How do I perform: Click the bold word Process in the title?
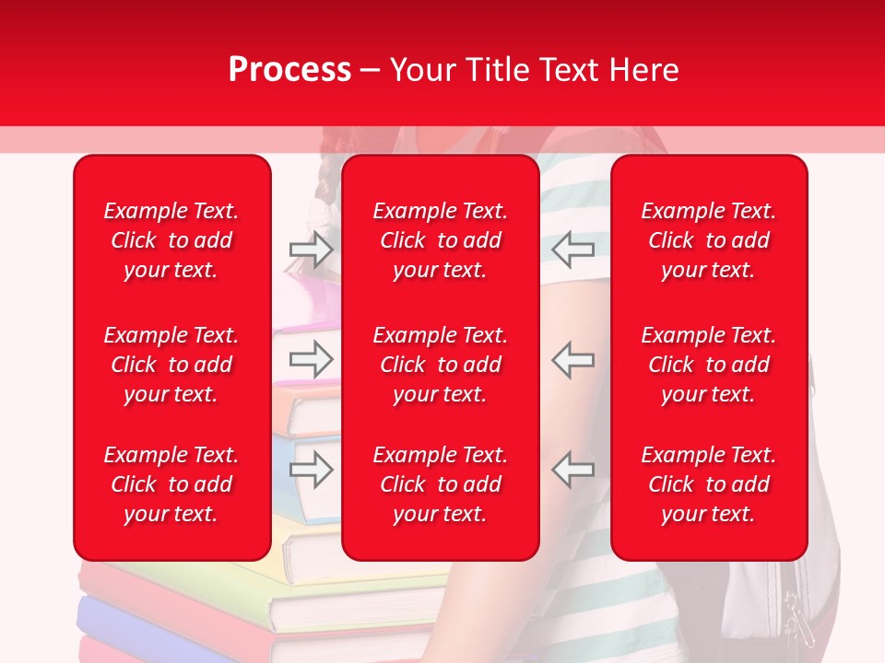coord(289,70)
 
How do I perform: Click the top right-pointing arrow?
coord(312,249)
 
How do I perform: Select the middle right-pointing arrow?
coord(312,359)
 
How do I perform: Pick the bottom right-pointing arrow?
coord(312,470)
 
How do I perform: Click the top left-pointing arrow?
coord(572,249)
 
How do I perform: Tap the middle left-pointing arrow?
coord(572,359)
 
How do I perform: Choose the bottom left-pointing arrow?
coord(572,470)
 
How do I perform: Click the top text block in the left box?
coord(171,240)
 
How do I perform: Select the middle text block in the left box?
coord(171,365)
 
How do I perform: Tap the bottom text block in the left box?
coord(171,484)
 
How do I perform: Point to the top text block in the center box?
coord(440,240)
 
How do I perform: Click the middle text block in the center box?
coord(440,365)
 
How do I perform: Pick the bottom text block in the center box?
coord(440,484)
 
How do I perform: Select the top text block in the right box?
coord(708,240)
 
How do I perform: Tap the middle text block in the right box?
coord(708,365)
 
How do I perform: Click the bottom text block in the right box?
coord(708,484)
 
